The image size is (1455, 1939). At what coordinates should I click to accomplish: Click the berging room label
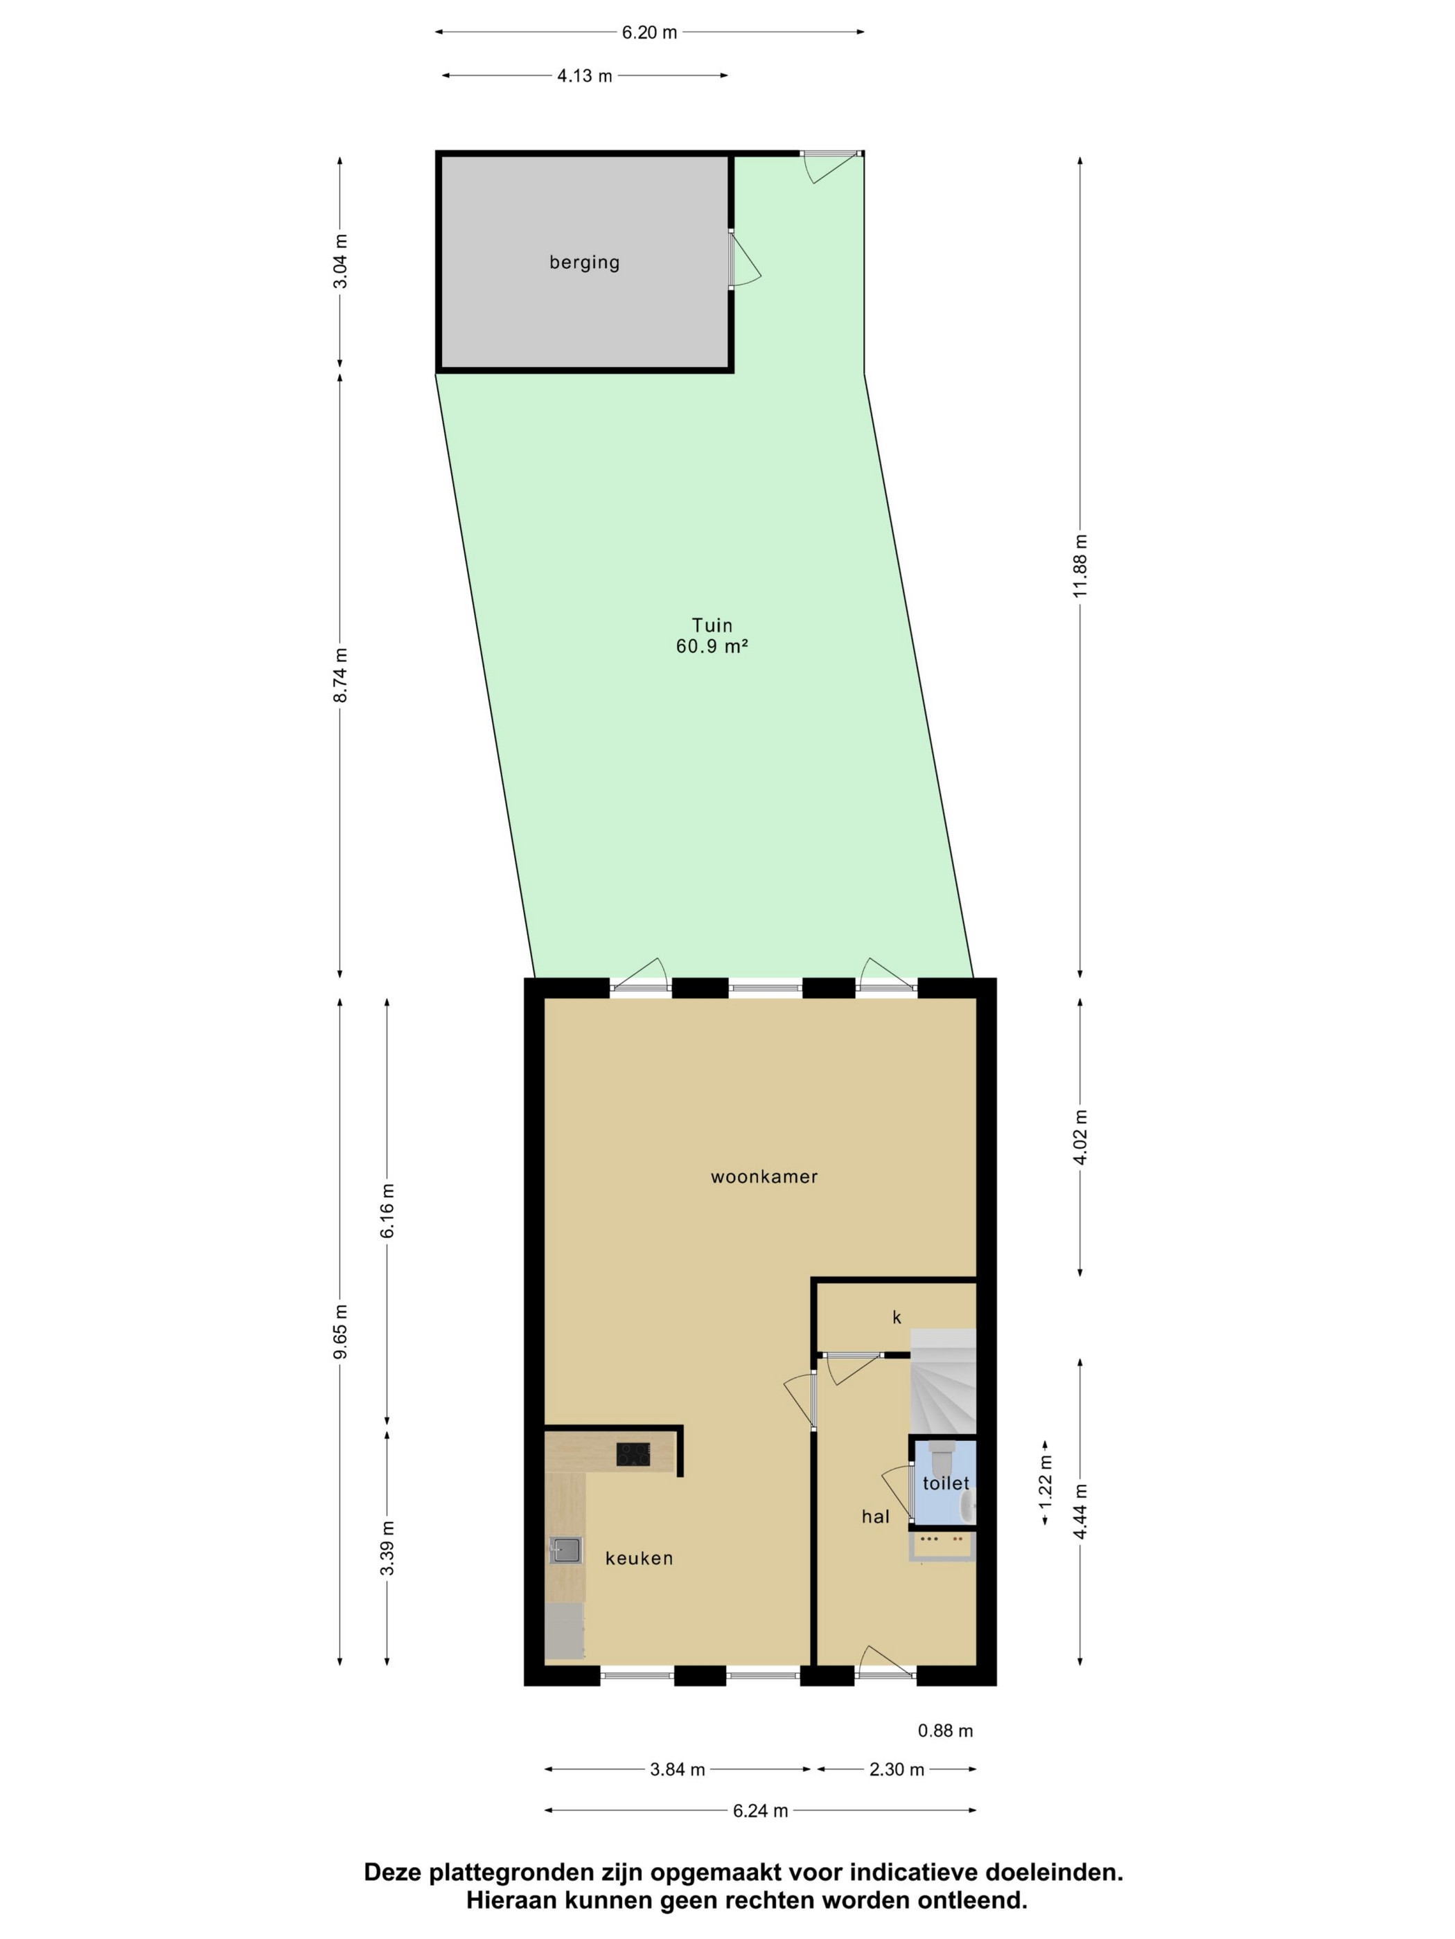click(584, 262)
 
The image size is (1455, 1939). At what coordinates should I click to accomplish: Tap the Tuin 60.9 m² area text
click(712, 636)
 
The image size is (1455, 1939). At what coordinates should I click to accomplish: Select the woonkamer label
click(764, 1177)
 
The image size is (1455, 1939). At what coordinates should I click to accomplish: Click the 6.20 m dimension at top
click(649, 33)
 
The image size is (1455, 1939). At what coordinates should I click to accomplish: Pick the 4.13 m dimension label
click(584, 76)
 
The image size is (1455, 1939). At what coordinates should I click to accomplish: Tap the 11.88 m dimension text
click(1079, 565)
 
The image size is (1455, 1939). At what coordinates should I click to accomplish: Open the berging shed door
click(743, 260)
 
